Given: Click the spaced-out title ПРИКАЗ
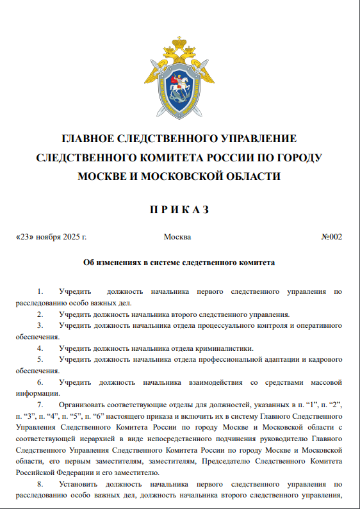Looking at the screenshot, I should point(179,209).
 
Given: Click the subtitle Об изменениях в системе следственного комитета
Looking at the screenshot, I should point(179,263).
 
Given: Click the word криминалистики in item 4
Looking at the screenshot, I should point(225,348).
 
